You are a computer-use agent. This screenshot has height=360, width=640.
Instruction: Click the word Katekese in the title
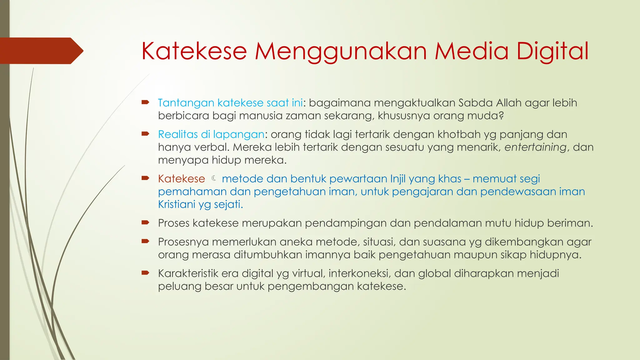(x=194, y=51)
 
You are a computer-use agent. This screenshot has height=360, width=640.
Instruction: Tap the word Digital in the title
(x=552, y=51)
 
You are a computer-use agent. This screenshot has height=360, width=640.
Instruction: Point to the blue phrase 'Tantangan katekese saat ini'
(x=230, y=103)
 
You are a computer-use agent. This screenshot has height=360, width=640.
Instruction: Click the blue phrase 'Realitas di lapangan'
(x=211, y=134)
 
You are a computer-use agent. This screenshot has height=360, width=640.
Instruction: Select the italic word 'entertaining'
(x=535, y=147)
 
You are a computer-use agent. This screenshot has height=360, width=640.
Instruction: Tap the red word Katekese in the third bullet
(x=181, y=179)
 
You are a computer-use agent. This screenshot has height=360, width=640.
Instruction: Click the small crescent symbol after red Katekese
(x=214, y=178)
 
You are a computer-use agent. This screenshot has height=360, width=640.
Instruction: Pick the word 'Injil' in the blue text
(x=397, y=179)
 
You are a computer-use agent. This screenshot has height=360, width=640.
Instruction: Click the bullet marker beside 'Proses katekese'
(x=145, y=222)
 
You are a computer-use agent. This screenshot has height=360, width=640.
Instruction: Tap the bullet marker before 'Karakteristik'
(x=145, y=273)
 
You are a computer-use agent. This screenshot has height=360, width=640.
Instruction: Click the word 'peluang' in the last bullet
(x=180, y=287)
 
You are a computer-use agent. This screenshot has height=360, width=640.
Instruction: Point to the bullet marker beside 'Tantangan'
(x=145, y=102)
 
